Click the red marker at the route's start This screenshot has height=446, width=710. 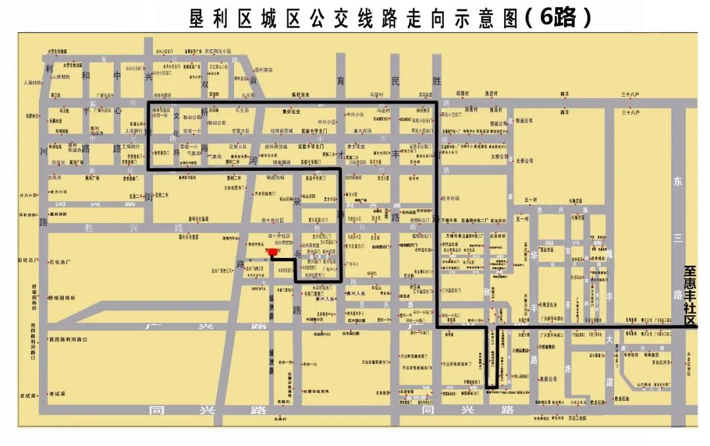[x=273, y=251]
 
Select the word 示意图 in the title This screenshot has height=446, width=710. [x=480, y=18]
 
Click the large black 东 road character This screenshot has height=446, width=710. [x=678, y=182]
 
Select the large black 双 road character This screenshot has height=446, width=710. [x=204, y=85]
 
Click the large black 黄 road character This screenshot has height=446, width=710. [x=252, y=81]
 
